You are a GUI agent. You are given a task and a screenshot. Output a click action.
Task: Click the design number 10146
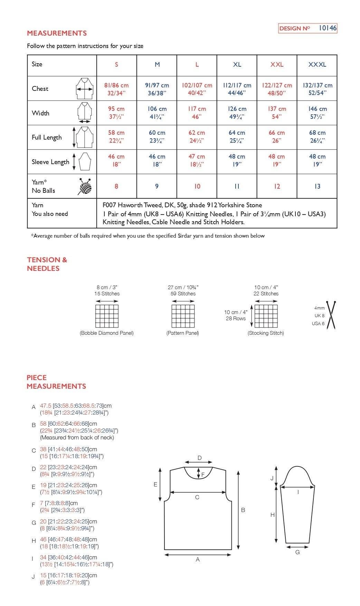[327, 28]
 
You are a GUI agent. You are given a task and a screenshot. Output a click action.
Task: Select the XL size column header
[237, 65]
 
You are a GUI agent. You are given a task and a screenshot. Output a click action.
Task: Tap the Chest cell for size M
[157, 89]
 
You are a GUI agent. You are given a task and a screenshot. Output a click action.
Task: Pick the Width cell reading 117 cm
[197, 113]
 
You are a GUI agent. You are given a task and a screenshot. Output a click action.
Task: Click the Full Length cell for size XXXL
[317, 137]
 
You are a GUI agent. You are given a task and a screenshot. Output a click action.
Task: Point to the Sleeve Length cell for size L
[197, 161]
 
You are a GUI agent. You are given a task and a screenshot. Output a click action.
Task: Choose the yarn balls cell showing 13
[317, 187]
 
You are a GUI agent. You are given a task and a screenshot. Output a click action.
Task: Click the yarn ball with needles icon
[85, 187]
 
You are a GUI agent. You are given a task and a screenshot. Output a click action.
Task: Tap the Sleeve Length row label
[50, 162]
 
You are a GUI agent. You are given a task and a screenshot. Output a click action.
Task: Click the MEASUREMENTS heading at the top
[57, 34]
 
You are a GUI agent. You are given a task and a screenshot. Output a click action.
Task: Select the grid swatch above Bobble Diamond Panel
[107, 316]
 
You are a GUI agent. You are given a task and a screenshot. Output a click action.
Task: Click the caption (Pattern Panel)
[182, 333]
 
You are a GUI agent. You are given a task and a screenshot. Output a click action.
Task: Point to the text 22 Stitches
[266, 294]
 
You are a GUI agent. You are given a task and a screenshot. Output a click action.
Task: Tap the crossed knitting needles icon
[331, 315]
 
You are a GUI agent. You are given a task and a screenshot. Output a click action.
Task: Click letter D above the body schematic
[199, 458]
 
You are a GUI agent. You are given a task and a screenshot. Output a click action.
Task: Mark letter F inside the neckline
[203, 475]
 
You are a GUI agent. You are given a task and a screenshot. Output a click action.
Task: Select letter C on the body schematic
[197, 497]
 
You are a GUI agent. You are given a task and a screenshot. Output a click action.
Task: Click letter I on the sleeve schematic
[298, 492]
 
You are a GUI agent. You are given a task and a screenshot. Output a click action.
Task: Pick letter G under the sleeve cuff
[297, 552]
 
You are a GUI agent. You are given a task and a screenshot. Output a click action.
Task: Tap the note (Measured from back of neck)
[77, 437]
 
